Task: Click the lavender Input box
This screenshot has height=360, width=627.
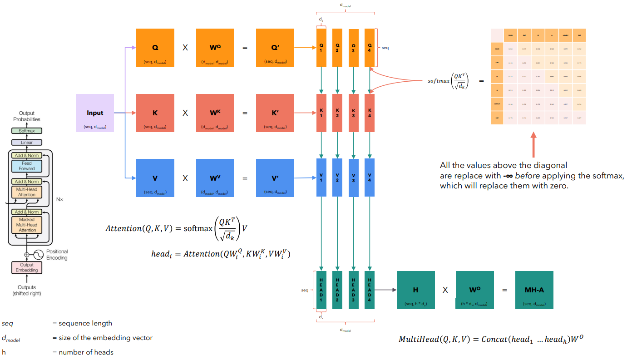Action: pyautogui.click(x=94, y=113)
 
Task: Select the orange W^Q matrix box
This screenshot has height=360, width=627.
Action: pyautogui.click(x=215, y=48)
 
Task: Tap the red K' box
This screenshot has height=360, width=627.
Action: pyautogui.click(x=275, y=113)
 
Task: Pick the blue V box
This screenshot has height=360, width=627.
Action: pyautogui.click(x=155, y=178)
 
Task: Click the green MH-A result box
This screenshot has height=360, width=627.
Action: pyautogui.click(x=534, y=290)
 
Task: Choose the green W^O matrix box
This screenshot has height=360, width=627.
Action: pyautogui.click(x=474, y=290)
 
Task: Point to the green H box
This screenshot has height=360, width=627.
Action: pyautogui.click(x=415, y=290)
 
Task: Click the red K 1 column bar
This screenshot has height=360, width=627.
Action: pyautogui.click(x=321, y=113)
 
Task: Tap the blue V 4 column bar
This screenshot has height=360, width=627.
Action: pyautogui.click(x=370, y=178)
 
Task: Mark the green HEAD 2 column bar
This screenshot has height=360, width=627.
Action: pyautogui.click(x=337, y=290)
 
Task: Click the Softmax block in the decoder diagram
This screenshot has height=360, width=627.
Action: pyautogui.click(x=27, y=131)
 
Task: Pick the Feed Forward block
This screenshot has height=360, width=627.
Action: pyautogui.click(x=27, y=166)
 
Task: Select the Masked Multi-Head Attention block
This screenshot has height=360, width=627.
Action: pyautogui.click(x=27, y=225)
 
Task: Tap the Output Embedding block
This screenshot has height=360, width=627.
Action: pyautogui.click(x=27, y=267)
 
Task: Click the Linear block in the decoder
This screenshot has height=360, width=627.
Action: pyautogui.click(x=27, y=143)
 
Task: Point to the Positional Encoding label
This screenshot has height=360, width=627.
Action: pyautogui.click(x=57, y=255)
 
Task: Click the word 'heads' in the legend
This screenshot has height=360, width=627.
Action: pyautogui.click(x=104, y=352)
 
